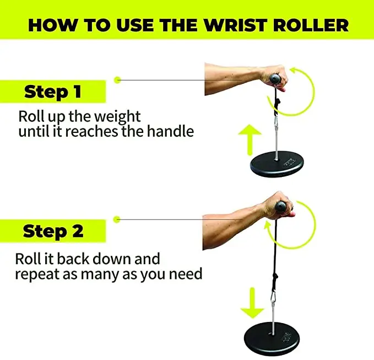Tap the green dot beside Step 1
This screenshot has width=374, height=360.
tap(117, 80)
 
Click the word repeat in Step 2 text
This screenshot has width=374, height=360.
tap(36, 273)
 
